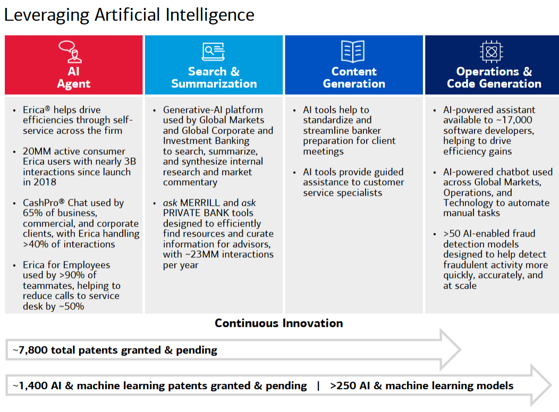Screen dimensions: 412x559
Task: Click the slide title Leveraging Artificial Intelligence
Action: click(129, 14)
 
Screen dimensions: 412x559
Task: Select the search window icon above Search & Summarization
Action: click(214, 52)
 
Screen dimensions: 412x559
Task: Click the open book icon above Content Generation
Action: click(353, 52)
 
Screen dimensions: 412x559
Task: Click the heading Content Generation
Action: click(354, 78)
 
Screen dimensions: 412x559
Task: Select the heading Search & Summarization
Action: click(214, 78)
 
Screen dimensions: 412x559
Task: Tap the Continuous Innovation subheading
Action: click(279, 323)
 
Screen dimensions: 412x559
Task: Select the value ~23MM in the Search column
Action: click(208, 255)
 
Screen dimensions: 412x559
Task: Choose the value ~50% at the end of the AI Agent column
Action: click(71, 307)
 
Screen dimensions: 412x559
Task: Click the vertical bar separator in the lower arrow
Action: click(318, 386)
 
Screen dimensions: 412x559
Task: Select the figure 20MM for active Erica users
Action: click(35, 152)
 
